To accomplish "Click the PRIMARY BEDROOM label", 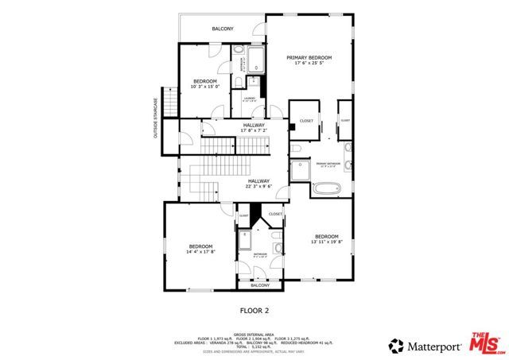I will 309,58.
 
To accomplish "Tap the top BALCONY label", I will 223,29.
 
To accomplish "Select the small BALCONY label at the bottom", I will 261,285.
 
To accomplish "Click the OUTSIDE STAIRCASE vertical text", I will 157,117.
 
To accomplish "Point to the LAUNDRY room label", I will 249,99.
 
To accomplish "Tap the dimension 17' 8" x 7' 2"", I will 254,130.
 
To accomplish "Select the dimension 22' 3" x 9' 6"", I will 258,188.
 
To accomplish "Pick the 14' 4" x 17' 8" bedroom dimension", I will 200,252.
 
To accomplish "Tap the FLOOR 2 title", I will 255,310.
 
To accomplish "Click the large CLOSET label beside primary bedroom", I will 306,121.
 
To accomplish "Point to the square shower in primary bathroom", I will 301,170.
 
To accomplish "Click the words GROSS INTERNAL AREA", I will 254,335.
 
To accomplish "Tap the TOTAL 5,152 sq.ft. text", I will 254,346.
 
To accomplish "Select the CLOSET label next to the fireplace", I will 275,214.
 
